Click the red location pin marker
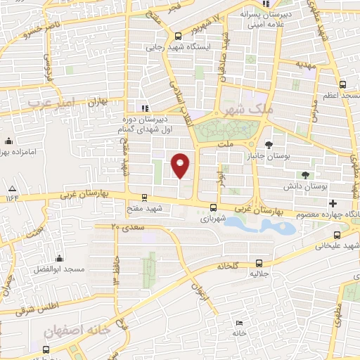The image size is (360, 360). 181,165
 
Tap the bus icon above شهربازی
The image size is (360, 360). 213,207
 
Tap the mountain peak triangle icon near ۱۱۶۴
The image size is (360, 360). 12,188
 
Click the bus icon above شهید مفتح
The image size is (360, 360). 145,198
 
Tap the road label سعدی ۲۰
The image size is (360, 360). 127,227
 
